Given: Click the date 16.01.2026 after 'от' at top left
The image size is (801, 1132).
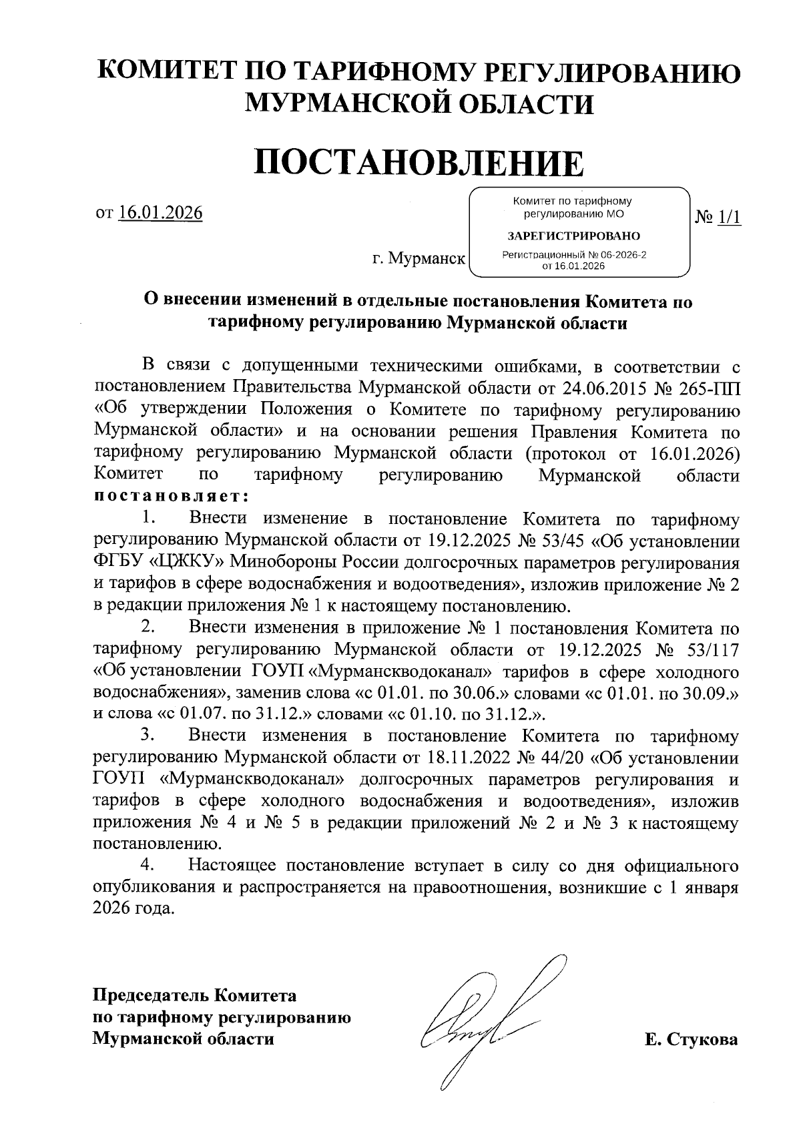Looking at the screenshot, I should [x=160, y=213].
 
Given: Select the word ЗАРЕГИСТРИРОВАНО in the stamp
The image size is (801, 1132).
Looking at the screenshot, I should [x=573, y=236].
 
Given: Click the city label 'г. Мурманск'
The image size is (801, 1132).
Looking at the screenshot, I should [x=419, y=258].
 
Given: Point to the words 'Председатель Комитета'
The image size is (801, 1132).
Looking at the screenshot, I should [x=194, y=996].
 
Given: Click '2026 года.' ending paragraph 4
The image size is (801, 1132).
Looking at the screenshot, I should [x=135, y=909].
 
